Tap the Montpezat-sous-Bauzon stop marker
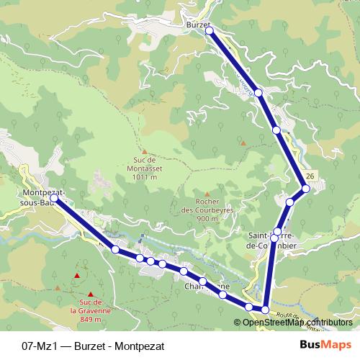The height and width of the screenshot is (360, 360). tap(54, 197)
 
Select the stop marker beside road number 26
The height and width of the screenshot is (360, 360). tap(306, 189)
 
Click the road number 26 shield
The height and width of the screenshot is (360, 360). tap(310, 176)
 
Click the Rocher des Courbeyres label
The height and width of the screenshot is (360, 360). tap(207, 210)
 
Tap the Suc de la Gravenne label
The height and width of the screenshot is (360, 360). tap(91, 310)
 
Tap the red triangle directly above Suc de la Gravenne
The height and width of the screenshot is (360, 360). tap(91, 293)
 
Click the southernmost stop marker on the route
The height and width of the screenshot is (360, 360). tap(265, 310)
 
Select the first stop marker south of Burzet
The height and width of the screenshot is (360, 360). tap(258, 92)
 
